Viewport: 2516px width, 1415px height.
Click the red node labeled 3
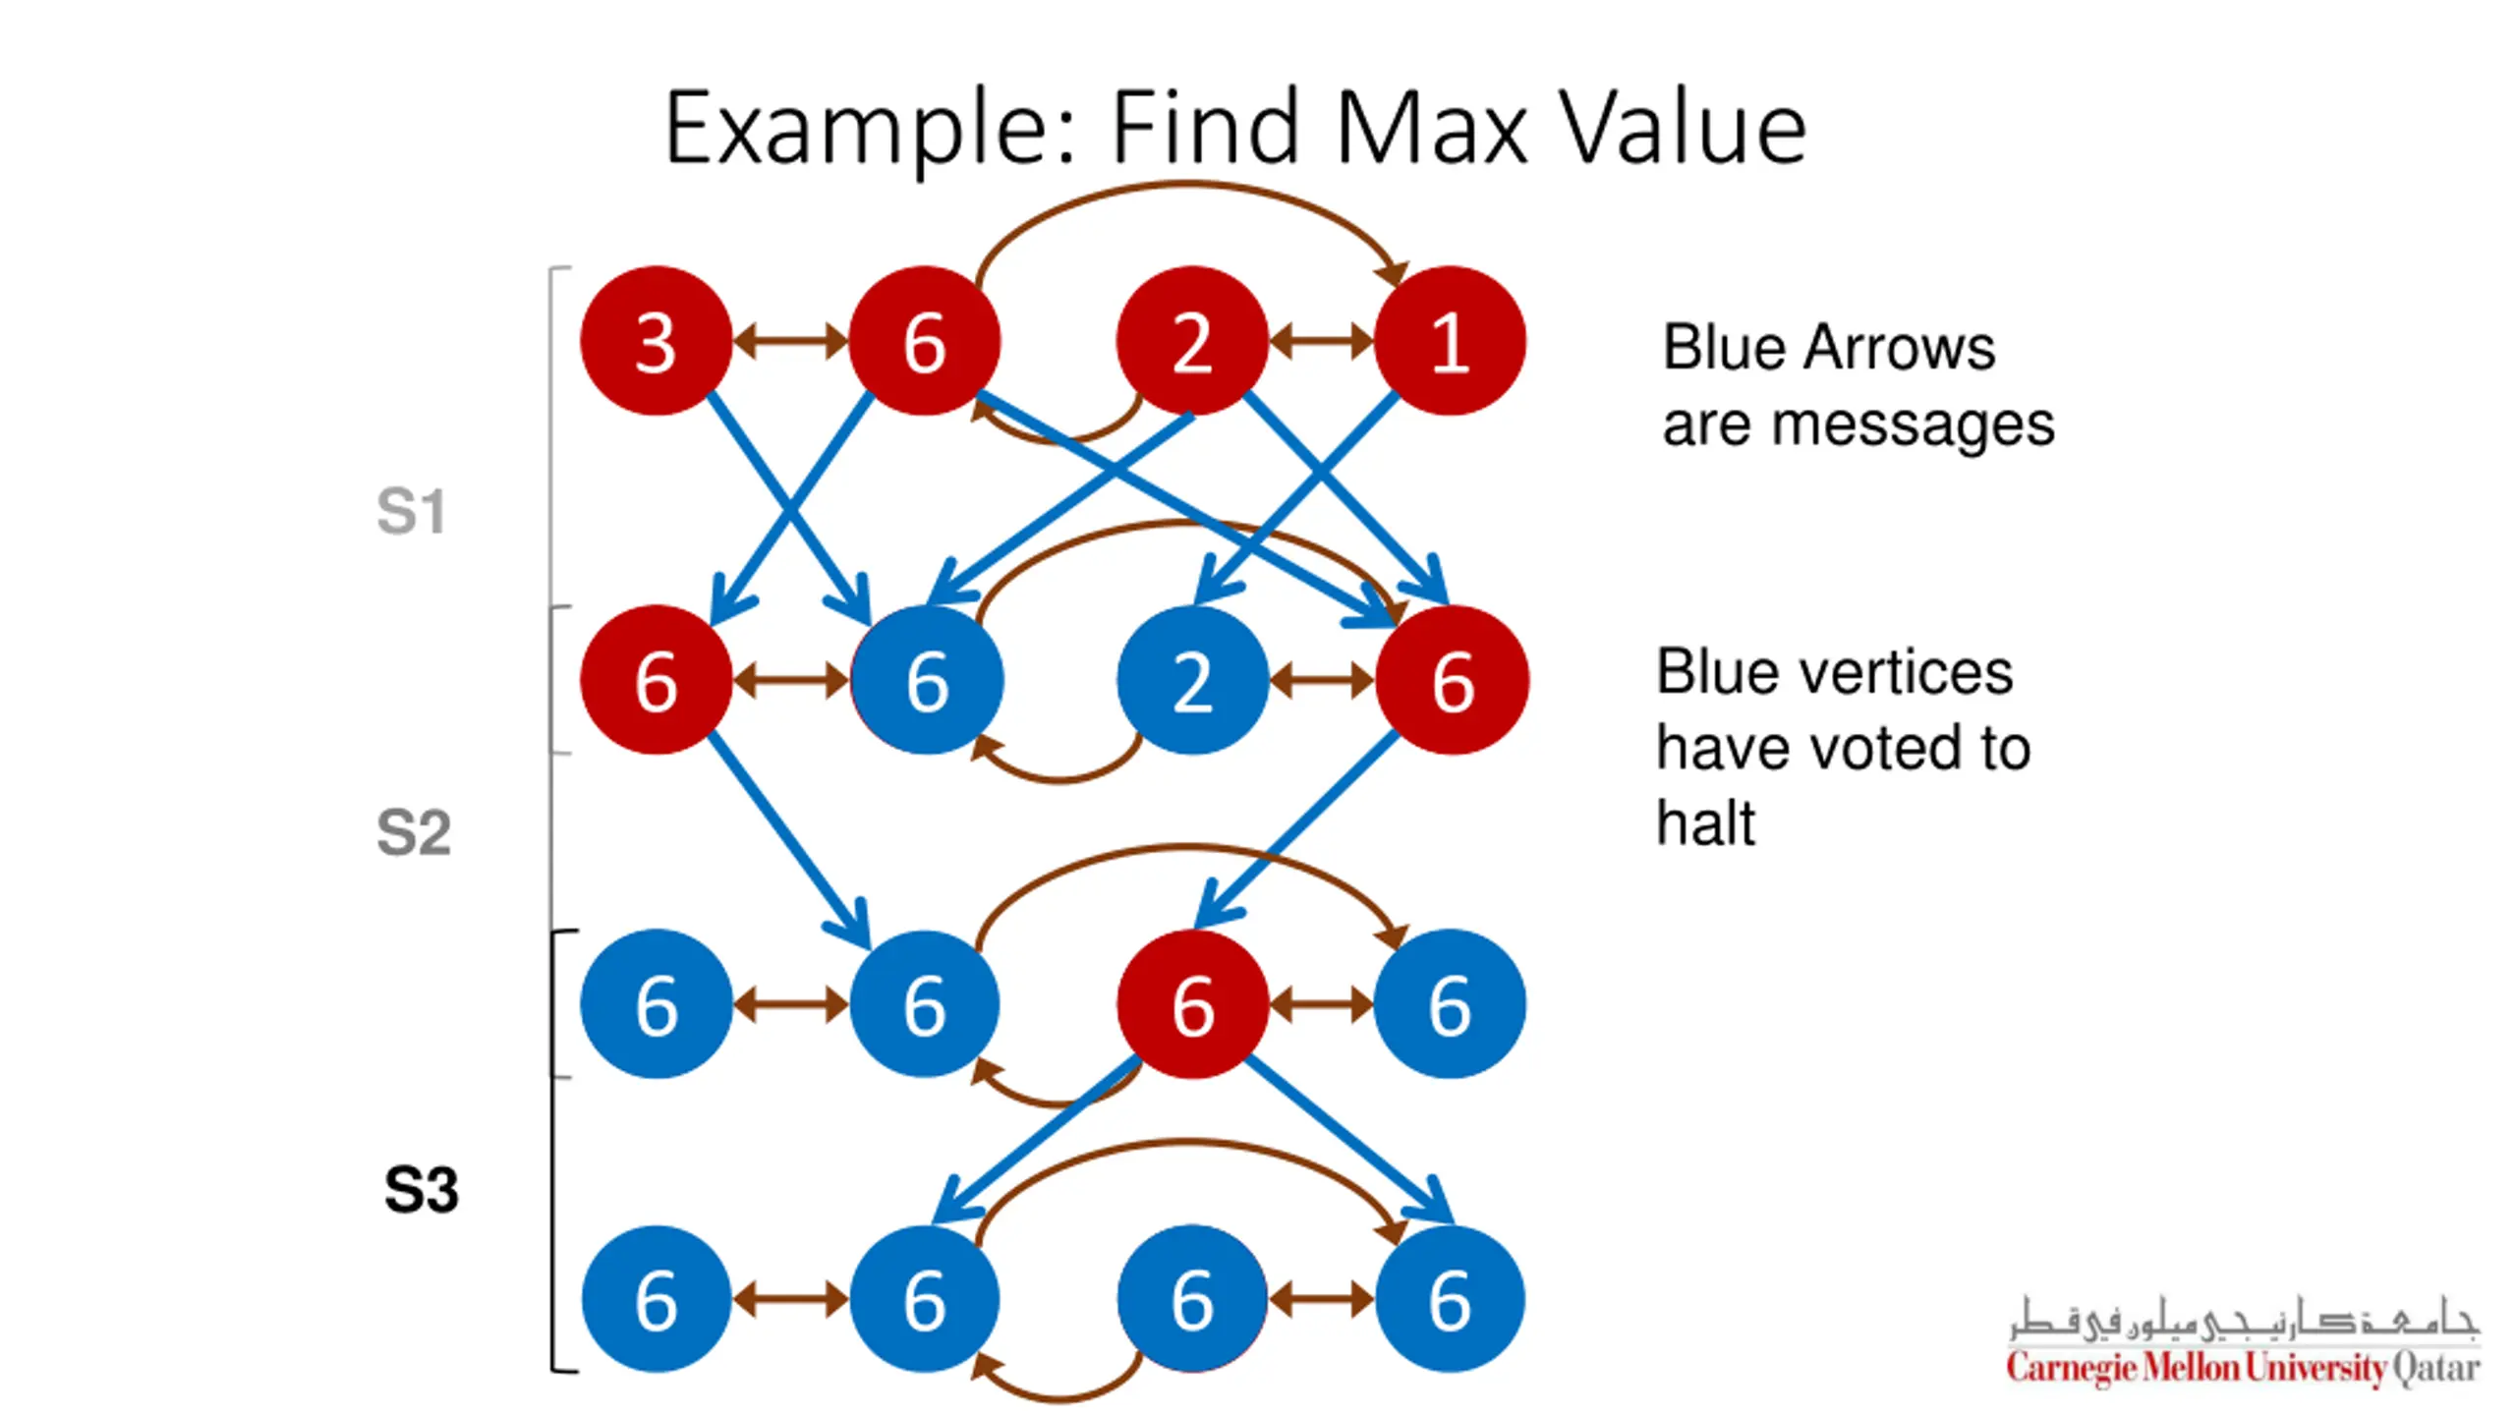656,341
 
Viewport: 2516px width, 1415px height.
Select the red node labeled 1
1450,341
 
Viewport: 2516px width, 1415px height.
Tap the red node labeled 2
1192,341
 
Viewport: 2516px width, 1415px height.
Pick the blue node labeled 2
1192,680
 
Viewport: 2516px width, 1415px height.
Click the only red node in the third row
1192,1004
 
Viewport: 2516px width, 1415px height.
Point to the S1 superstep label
412,511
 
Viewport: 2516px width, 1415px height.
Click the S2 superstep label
414,832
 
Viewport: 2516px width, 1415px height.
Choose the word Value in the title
1685,128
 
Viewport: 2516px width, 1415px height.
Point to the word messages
1912,425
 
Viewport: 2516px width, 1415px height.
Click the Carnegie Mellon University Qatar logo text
2243,1367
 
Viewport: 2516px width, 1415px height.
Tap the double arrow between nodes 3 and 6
790,341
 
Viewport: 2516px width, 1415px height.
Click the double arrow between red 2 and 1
1322,341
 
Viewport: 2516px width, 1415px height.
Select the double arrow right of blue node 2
1322,680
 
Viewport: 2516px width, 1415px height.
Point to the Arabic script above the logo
2243,1319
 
